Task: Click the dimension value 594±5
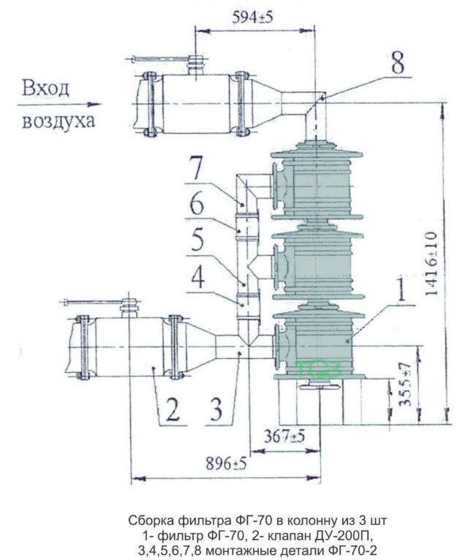point(252,18)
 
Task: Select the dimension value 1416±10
point(431,264)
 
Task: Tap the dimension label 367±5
point(284,436)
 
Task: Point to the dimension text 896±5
point(226,464)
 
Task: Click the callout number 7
point(196,167)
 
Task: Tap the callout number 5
point(197,239)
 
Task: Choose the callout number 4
point(197,276)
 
